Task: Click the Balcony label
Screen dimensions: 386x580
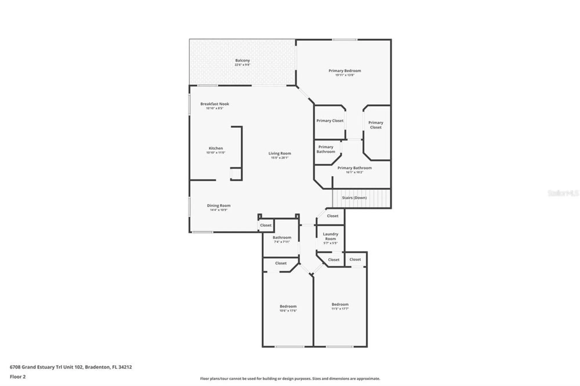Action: pos(242,60)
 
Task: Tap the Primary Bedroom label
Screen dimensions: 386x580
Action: pos(345,71)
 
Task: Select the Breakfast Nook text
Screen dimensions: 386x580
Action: pos(215,104)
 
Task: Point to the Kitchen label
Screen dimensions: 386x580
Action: pos(216,148)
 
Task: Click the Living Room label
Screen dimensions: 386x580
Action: pos(280,153)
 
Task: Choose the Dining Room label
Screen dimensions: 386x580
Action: pos(219,205)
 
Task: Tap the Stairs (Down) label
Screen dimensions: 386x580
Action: pos(354,198)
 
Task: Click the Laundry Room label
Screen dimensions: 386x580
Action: pos(330,236)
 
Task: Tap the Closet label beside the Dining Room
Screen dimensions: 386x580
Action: pos(266,225)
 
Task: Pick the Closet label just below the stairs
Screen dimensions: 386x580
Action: pos(332,216)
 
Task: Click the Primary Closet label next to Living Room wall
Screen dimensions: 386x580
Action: pos(330,121)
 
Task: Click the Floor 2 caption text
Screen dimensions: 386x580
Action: pos(18,377)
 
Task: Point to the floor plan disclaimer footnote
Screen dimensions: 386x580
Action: pos(290,378)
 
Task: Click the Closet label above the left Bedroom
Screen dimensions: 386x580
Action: pos(280,263)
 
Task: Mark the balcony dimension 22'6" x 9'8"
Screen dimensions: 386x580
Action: pos(242,65)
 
